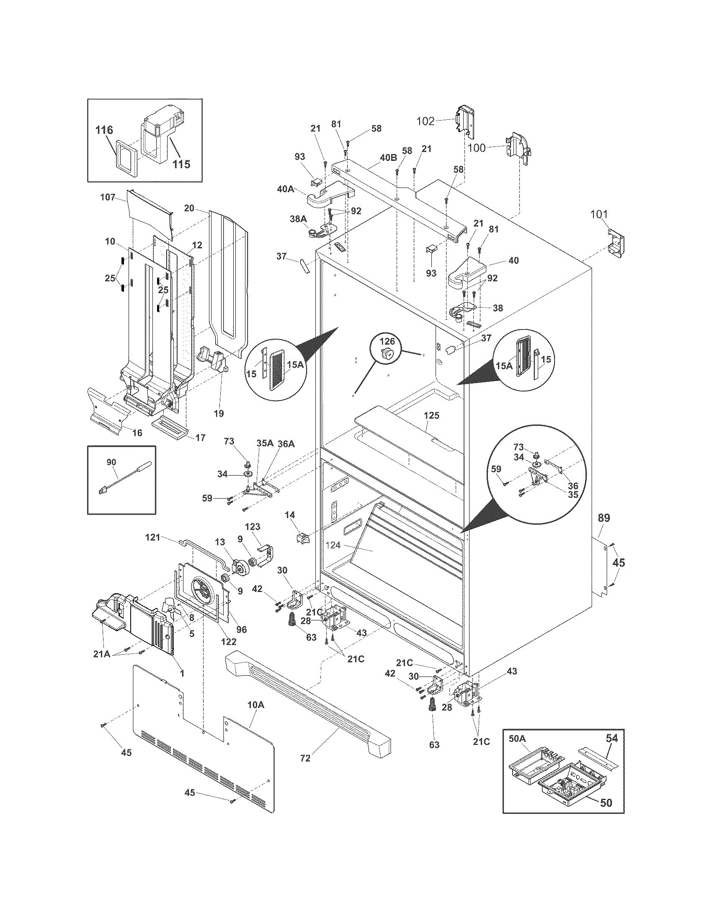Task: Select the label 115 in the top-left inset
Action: point(181,164)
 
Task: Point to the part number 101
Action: point(598,215)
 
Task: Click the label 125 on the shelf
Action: point(431,415)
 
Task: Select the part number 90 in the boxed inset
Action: point(111,462)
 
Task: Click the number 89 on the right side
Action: point(603,518)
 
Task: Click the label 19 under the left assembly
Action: point(219,413)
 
